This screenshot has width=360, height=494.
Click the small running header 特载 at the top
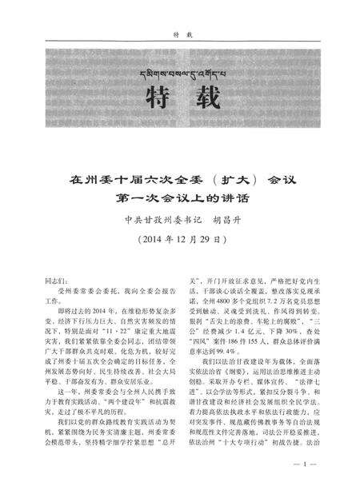point(180,34)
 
